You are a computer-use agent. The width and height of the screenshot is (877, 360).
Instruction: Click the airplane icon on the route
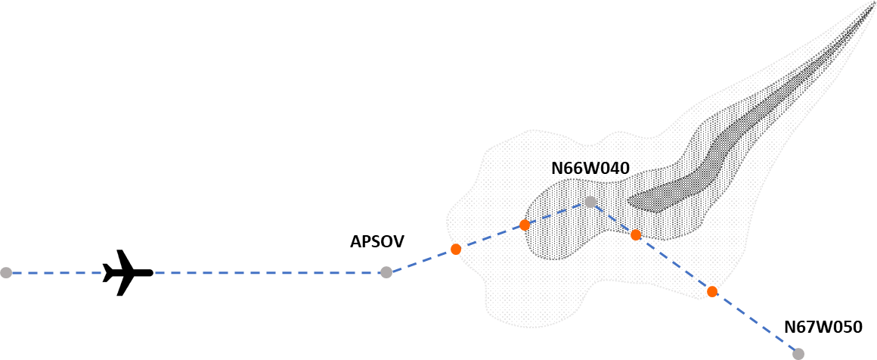click(x=128, y=272)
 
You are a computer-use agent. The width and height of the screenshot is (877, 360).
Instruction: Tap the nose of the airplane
click(x=151, y=272)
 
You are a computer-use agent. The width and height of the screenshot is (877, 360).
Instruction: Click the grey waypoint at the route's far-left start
click(x=6, y=272)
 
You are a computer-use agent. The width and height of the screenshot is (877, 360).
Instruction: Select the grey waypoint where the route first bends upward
click(x=386, y=272)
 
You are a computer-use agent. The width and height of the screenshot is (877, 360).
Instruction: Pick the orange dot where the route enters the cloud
click(x=456, y=249)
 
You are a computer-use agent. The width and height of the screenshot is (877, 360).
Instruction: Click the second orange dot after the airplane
click(x=525, y=225)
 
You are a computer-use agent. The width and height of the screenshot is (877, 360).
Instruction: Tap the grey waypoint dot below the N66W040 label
click(x=590, y=202)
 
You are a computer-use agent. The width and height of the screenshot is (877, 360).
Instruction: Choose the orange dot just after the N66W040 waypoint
click(x=636, y=235)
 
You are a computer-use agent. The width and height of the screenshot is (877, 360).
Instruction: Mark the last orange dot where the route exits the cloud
click(x=712, y=291)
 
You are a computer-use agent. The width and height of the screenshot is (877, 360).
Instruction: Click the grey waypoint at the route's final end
click(x=798, y=353)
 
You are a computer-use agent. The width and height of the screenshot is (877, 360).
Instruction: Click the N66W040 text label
click(x=590, y=169)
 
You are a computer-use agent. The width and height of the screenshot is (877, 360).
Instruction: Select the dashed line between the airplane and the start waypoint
click(x=53, y=272)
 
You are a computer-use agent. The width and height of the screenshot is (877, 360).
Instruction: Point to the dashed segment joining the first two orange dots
click(x=490, y=237)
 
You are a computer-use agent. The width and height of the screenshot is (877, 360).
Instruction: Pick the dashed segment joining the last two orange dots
click(x=674, y=263)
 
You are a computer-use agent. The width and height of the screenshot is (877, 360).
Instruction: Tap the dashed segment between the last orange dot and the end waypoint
click(x=755, y=322)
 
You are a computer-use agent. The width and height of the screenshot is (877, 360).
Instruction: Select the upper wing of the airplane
click(x=122, y=257)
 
